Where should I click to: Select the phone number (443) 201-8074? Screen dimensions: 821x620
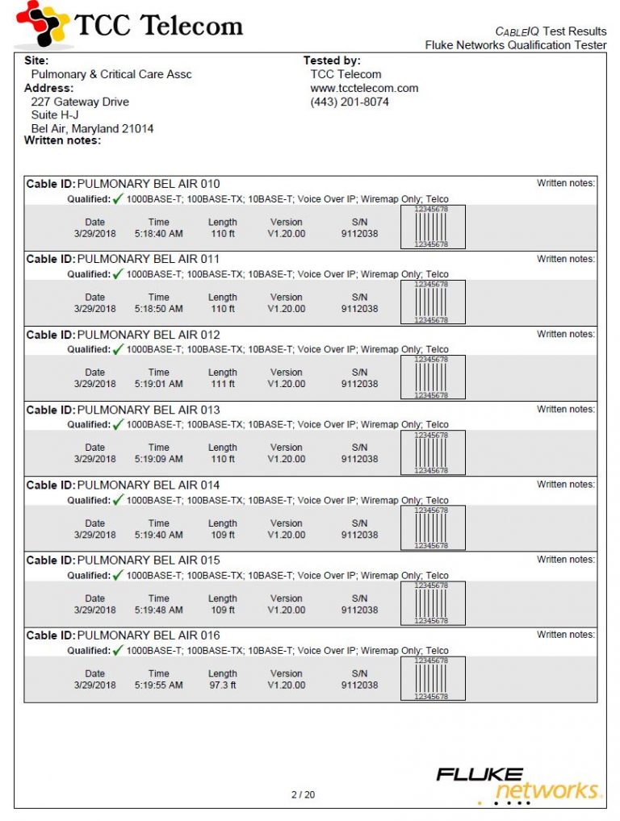pyautogui.click(x=349, y=102)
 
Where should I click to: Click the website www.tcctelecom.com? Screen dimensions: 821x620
pyautogui.click(x=364, y=89)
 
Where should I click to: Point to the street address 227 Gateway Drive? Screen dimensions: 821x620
pyautogui.click(x=79, y=102)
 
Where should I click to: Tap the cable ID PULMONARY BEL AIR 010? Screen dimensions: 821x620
pyautogui.click(x=148, y=184)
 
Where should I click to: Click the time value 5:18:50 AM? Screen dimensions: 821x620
pyautogui.click(x=159, y=309)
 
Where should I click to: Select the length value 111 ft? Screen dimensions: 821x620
pyautogui.click(x=222, y=384)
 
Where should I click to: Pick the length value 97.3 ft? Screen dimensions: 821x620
pyautogui.click(x=222, y=686)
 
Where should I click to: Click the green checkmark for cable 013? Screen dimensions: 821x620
pyautogui.click(x=118, y=424)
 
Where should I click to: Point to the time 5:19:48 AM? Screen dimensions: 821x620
pyautogui.click(x=159, y=611)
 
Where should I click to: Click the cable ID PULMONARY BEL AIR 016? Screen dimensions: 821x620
pyautogui.click(x=148, y=636)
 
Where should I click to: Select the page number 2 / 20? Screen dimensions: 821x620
pyautogui.click(x=303, y=794)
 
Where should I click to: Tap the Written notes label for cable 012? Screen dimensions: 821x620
pyautogui.click(x=566, y=334)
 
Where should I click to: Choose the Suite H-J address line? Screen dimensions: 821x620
pyautogui.click(x=54, y=115)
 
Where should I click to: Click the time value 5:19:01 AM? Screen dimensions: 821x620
pyautogui.click(x=159, y=384)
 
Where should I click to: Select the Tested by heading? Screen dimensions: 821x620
pyautogui.click(x=332, y=60)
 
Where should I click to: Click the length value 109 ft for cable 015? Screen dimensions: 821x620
pyautogui.click(x=222, y=611)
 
